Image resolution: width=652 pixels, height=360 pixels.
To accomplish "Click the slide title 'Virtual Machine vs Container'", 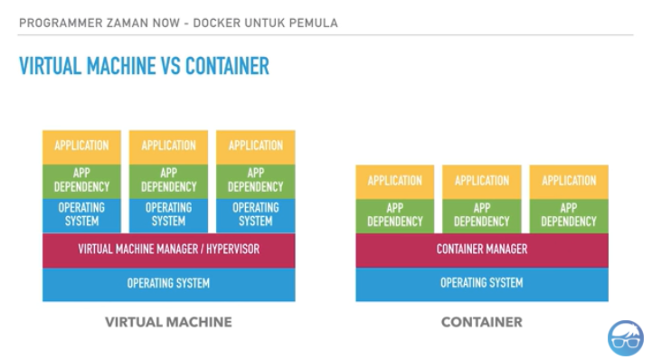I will coord(144,66).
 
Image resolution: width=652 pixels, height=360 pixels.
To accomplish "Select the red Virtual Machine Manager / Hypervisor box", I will coord(168,249).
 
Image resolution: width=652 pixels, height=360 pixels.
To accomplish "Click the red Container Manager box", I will coord(481,249).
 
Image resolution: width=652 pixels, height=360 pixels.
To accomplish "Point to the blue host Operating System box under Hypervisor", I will coord(168,283).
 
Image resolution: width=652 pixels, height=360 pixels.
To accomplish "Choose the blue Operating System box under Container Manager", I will coord(481,283).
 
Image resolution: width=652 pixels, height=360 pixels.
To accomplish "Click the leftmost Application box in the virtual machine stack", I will coord(81,146).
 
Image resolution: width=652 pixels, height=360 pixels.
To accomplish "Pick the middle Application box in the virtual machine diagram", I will coord(168,146).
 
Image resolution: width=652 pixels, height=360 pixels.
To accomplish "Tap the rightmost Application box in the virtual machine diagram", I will coord(255,146).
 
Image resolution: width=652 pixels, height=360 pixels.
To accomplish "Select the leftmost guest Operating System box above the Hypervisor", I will coord(81,214).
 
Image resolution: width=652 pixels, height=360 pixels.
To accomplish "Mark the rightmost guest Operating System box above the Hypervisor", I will coord(255,214).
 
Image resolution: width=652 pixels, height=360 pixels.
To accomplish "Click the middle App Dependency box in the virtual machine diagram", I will coord(168,180).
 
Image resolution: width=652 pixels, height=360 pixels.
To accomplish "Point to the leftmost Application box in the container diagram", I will coord(394,181).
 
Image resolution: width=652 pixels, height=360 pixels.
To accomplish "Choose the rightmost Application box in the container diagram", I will coord(569,181).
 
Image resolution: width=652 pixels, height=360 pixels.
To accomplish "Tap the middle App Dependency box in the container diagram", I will coord(481,214).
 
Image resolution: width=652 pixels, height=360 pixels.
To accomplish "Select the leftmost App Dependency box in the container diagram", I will coord(394,214).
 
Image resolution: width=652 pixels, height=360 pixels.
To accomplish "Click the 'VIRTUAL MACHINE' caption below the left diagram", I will coord(168,322).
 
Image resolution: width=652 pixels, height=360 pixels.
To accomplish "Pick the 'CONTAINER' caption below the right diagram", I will coord(481,322).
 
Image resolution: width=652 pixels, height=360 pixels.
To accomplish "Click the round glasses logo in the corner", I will coord(625,337).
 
